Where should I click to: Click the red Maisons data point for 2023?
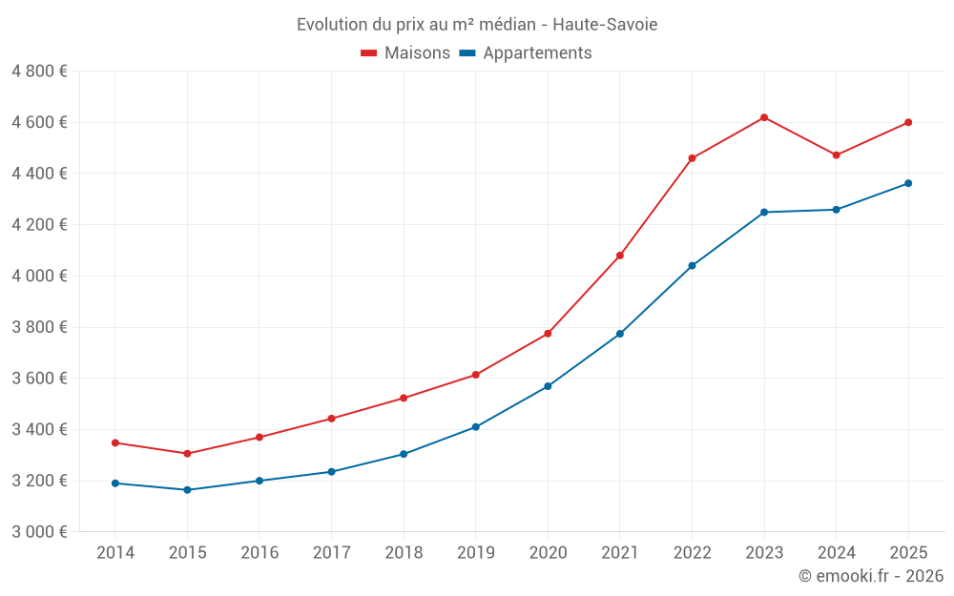coord(764,117)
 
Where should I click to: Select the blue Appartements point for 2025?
coord(908,183)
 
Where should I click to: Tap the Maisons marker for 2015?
coord(187,454)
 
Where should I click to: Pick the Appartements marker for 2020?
coord(548,386)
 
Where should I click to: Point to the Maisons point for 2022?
coord(692,158)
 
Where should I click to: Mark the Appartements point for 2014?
coord(115,483)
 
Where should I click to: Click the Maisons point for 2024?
coord(837,155)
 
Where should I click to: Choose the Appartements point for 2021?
coord(620,334)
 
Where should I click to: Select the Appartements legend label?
coord(537,53)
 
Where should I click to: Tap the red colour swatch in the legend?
coord(369,53)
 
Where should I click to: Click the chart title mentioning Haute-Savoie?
coord(477,24)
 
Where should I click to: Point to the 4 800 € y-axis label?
coord(39,72)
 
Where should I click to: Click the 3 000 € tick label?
coord(39,532)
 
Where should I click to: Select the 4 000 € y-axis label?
coord(39,277)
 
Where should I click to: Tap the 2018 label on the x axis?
coord(404,553)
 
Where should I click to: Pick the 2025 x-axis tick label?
coord(908,553)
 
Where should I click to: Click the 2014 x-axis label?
coord(115,553)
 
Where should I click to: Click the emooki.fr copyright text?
coord(870,576)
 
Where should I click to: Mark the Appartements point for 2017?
coord(331,472)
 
